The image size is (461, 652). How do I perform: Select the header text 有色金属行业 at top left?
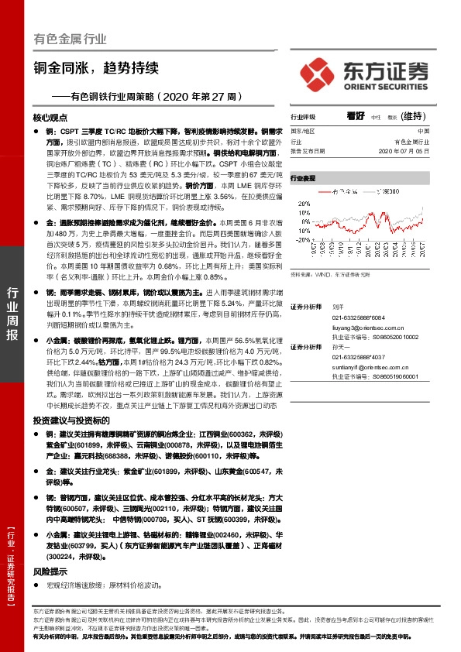click(x=71, y=39)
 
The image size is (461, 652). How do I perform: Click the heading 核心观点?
click(x=51, y=118)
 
